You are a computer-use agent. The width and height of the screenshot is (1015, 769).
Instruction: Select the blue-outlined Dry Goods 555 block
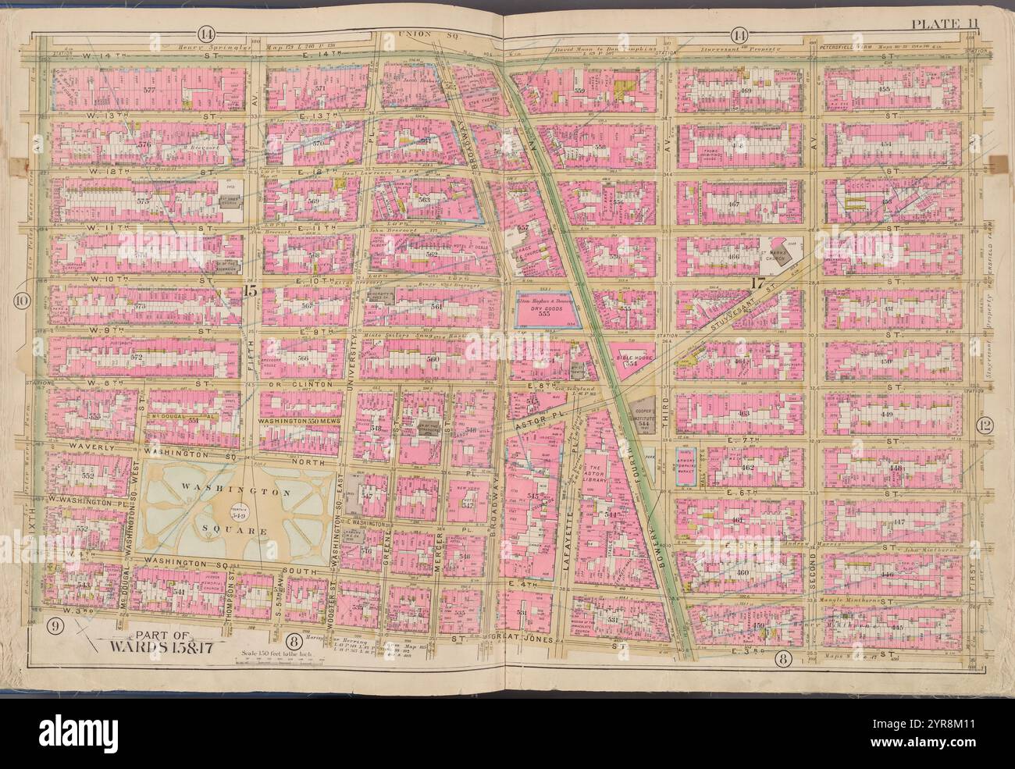[550, 312]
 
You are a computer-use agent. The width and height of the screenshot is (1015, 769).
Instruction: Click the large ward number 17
[755, 284]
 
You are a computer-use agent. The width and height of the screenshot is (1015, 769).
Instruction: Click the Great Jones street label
[518, 639]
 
